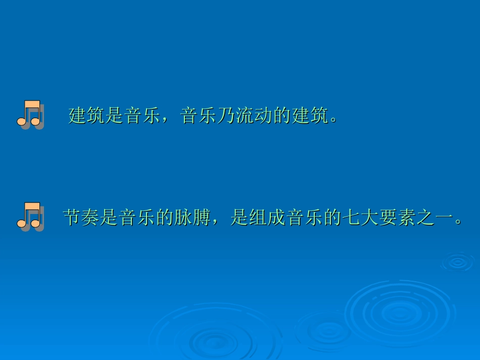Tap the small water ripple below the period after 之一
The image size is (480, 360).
click(x=457, y=262)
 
